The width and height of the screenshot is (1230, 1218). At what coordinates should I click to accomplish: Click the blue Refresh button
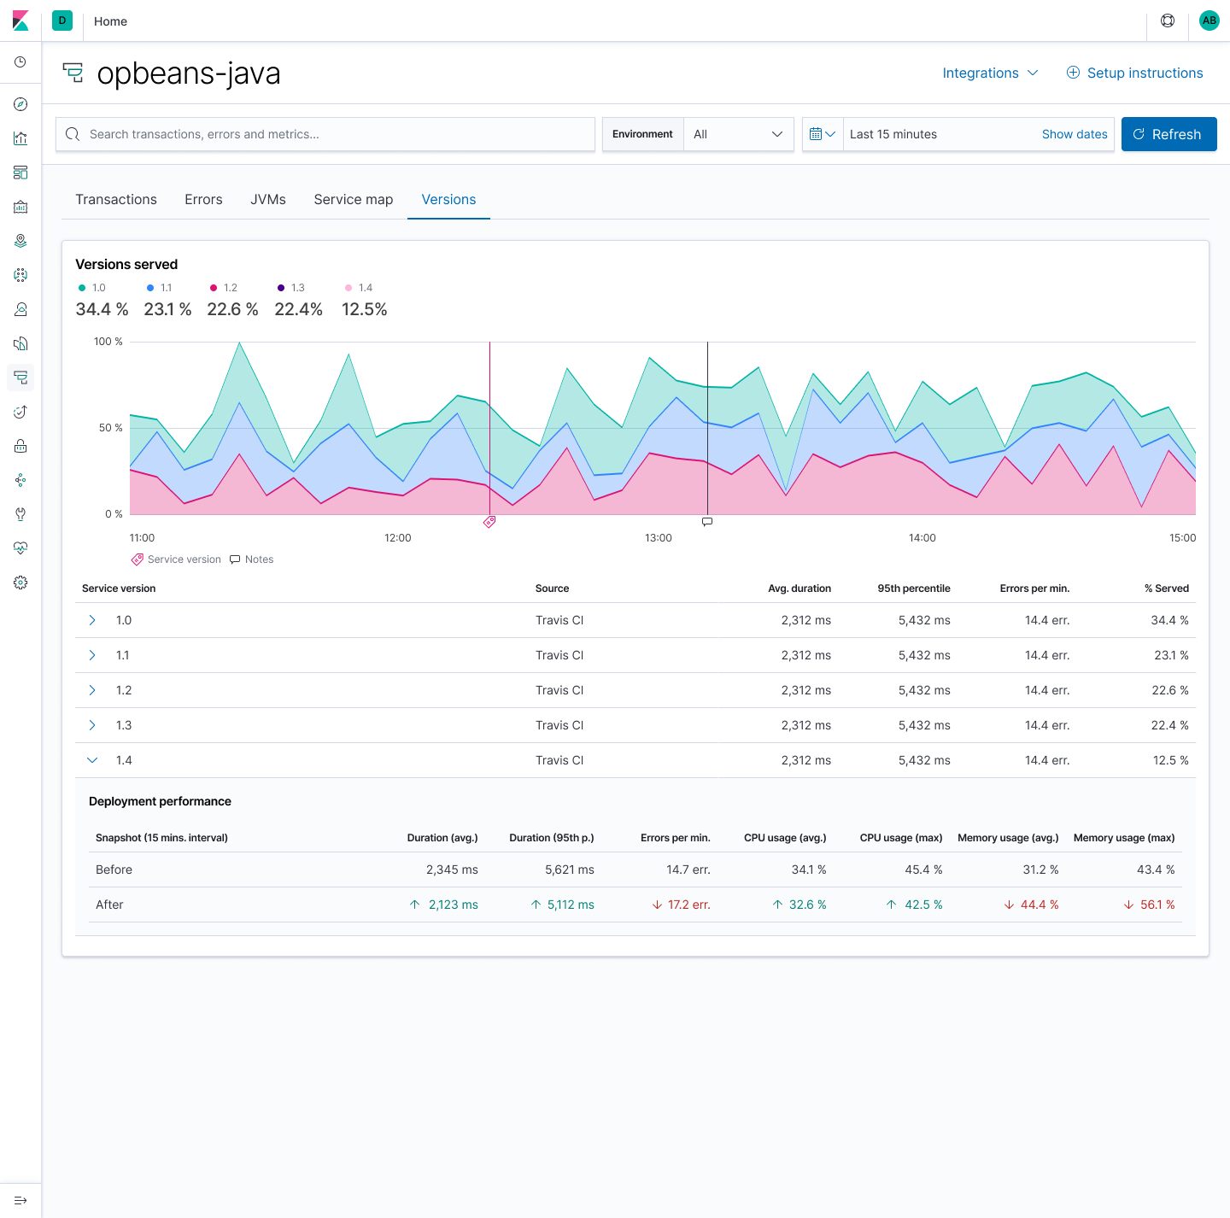click(1168, 134)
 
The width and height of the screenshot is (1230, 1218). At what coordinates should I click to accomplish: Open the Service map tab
click(353, 199)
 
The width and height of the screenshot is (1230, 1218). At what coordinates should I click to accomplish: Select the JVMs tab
click(267, 199)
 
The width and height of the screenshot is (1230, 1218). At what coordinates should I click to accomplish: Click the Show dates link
click(1074, 134)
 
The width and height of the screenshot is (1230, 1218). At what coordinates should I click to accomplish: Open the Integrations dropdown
click(989, 73)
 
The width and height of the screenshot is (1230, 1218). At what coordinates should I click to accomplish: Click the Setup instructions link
click(1134, 73)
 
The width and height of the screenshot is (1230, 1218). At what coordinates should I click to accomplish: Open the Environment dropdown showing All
click(738, 134)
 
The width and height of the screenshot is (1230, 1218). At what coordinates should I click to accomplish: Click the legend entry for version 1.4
click(359, 288)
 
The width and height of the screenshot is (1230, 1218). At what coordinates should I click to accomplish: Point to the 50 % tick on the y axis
click(110, 427)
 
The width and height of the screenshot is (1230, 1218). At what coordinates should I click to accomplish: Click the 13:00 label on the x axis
click(658, 538)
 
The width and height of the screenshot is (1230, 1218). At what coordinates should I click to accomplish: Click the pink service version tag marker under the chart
click(489, 522)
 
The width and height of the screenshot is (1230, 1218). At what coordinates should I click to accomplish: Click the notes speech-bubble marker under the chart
click(707, 521)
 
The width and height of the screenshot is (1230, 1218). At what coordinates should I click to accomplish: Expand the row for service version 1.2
click(92, 690)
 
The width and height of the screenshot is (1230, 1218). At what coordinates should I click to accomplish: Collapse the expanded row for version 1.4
click(92, 760)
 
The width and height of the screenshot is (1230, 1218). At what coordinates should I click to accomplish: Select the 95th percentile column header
click(913, 589)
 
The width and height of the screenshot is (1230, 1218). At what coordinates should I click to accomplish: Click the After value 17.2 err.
click(688, 905)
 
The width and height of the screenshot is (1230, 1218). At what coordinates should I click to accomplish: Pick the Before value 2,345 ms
click(452, 870)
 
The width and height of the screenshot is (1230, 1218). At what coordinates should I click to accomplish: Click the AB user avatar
click(1209, 20)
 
